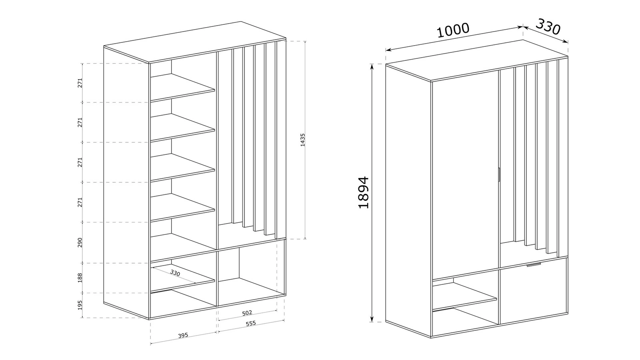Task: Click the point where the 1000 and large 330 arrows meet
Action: pyautogui.click(x=523, y=27)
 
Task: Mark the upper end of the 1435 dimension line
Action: pyautogui.click(x=305, y=41)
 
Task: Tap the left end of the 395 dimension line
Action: pyautogui.click(x=150, y=344)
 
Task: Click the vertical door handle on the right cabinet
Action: pyautogui.click(x=498, y=174)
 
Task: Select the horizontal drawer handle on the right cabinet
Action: pyautogui.click(x=534, y=265)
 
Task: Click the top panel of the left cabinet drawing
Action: pyautogui.click(x=195, y=42)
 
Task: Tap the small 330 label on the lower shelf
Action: pyautogui.click(x=175, y=273)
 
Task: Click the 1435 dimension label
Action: pyautogui.click(x=302, y=140)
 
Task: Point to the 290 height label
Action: pyautogui.click(x=80, y=242)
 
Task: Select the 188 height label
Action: pyautogui.click(x=80, y=278)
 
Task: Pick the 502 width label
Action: pyautogui.click(x=247, y=313)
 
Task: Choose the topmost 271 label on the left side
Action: pyautogui.click(x=80, y=83)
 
